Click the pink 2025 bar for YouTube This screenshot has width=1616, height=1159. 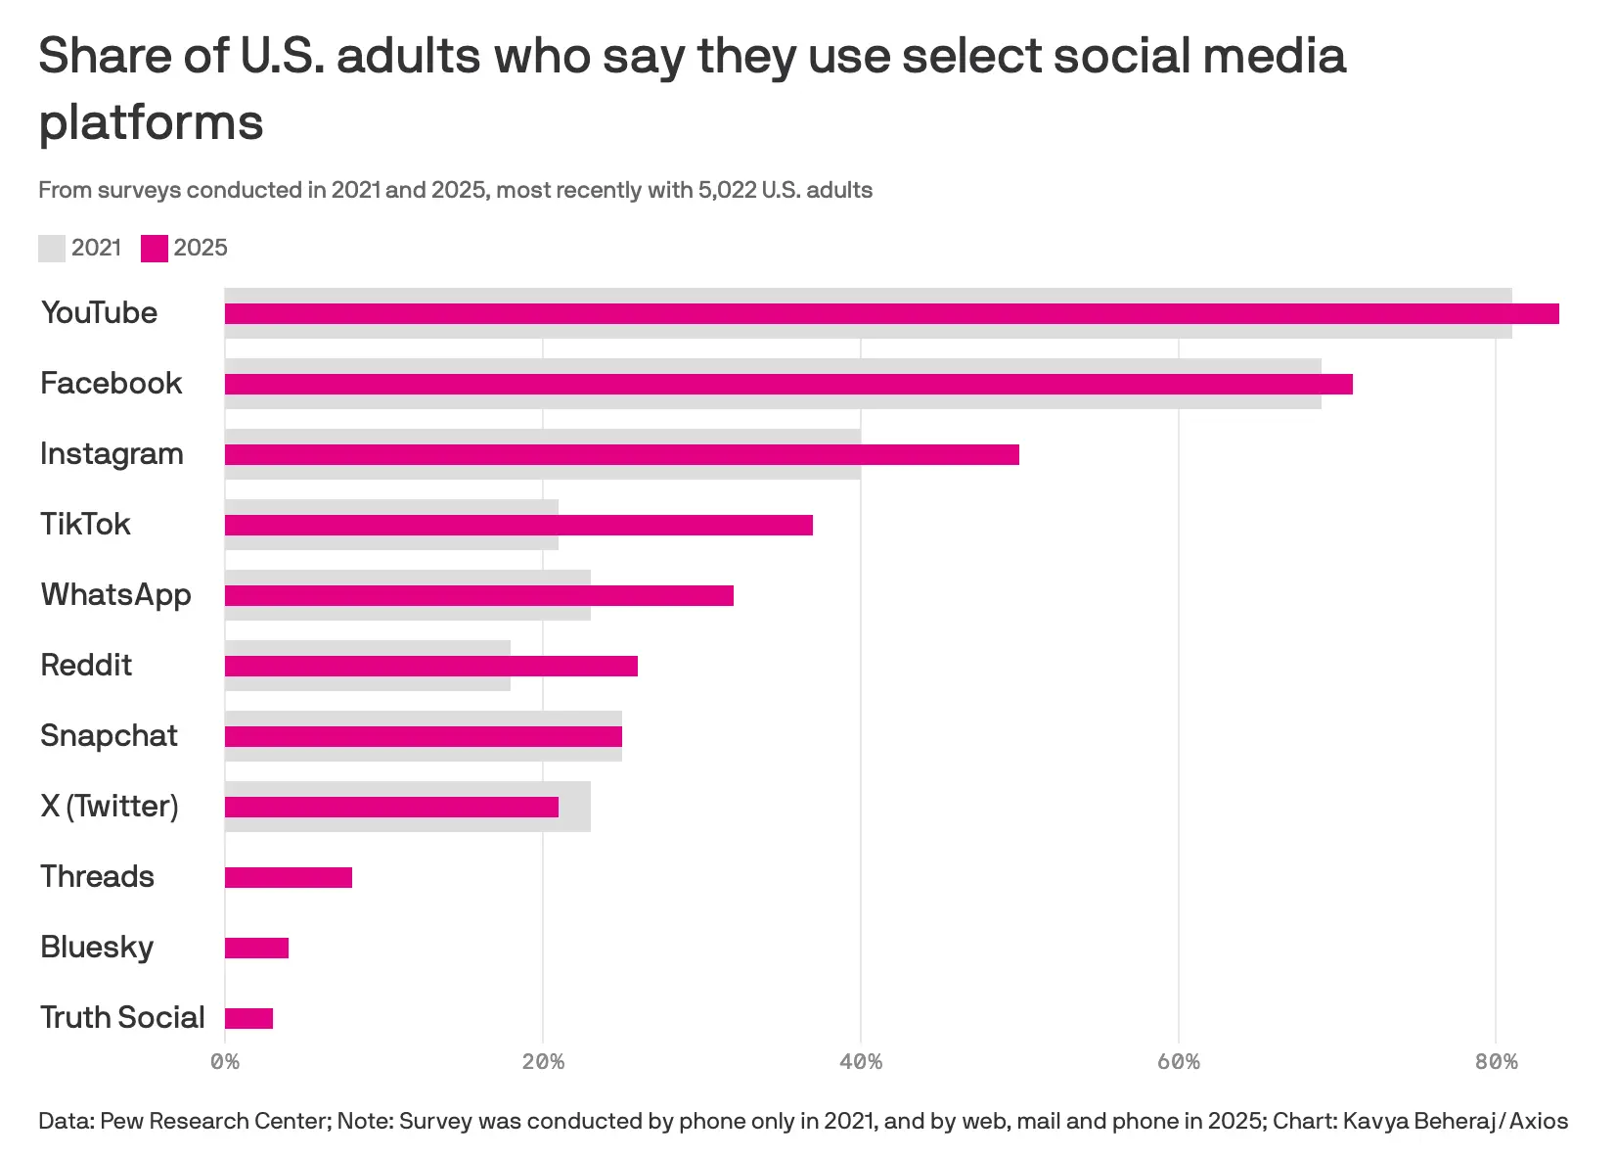tap(891, 313)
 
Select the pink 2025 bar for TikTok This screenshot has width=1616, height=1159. tap(518, 525)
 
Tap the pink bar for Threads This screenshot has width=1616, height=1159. tap(289, 877)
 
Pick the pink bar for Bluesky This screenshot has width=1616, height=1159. tap(256, 948)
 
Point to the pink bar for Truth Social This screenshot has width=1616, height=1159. tap(248, 1018)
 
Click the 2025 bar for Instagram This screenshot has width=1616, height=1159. tap(622, 454)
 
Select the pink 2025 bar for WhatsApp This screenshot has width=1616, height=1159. tap(479, 595)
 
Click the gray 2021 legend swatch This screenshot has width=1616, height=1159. tap(52, 249)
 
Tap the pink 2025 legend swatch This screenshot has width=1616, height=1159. tap(155, 249)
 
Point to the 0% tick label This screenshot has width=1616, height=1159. tap(225, 1062)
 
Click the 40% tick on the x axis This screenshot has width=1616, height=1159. tap(861, 1062)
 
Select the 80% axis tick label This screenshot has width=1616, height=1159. tap(1496, 1062)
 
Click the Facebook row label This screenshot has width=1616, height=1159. tap(111, 383)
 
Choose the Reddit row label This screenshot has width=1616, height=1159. tap(86, 665)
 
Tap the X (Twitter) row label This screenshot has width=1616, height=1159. tap(110, 806)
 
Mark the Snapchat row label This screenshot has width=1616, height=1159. tap(109, 735)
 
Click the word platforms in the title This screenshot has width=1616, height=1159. tap(152, 124)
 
